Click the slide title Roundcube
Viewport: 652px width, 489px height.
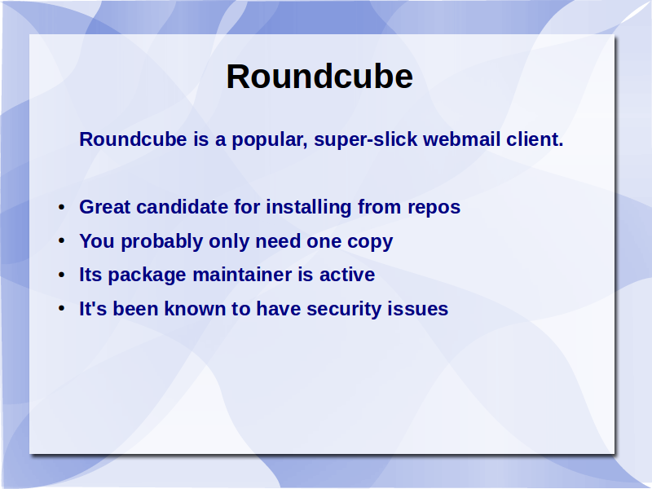pyautogui.click(x=319, y=77)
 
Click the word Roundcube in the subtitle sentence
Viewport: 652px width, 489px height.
pyautogui.click(x=133, y=139)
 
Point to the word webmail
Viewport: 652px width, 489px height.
pyautogui.click(x=461, y=139)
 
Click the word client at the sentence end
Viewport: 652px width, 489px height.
pyautogui.click(x=535, y=139)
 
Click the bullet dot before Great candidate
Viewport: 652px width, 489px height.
pyautogui.click(x=62, y=207)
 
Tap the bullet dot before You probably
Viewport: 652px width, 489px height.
pyautogui.click(x=62, y=240)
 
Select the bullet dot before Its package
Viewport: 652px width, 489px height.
pyautogui.click(x=62, y=275)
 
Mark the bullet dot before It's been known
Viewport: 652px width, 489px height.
pyautogui.click(x=62, y=309)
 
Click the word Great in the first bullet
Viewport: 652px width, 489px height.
pyautogui.click(x=105, y=207)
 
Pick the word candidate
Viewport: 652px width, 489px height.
pyautogui.click(x=182, y=207)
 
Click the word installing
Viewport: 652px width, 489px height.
pyautogui.click(x=309, y=208)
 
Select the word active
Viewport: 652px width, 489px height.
pyautogui.click(x=347, y=275)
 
